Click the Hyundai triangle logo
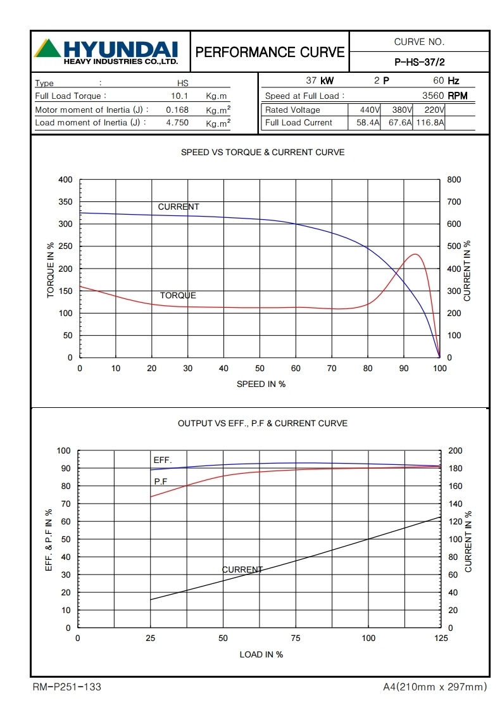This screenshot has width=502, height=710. (x=47, y=49)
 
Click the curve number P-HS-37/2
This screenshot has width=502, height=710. (x=419, y=62)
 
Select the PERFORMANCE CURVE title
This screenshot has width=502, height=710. (x=270, y=52)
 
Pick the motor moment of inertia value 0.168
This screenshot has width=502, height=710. (x=177, y=110)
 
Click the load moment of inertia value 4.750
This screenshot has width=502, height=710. (x=177, y=123)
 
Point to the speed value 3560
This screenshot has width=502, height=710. (x=434, y=96)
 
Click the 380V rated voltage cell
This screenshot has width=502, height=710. (x=402, y=110)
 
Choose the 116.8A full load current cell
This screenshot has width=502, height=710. (x=430, y=123)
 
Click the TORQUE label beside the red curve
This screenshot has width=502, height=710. (x=178, y=296)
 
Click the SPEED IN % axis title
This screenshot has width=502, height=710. (x=261, y=384)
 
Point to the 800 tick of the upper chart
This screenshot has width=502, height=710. (x=454, y=180)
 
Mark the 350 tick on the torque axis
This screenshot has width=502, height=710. (x=66, y=202)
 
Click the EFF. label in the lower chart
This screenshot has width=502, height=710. (x=163, y=460)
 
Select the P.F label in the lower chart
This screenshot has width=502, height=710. (x=161, y=481)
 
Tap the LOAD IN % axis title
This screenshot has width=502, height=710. (x=261, y=654)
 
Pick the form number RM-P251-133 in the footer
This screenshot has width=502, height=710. (x=66, y=687)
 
